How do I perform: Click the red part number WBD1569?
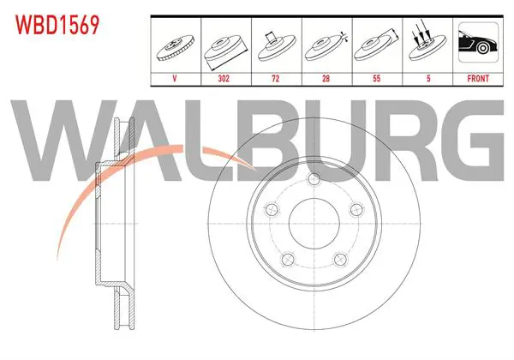point(57,25)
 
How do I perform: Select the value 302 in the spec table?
point(224,79)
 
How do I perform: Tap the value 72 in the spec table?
point(275,79)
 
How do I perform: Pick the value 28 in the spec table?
point(326,79)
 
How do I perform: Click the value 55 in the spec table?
point(377,79)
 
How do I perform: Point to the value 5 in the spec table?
point(428,79)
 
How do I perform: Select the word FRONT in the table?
point(478,79)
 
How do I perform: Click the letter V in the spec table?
point(175,79)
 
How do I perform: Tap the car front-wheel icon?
point(478,42)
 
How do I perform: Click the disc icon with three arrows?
point(427,41)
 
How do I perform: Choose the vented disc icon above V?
point(176,47)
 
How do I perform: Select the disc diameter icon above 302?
point(225,51)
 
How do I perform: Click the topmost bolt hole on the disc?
point(314,178)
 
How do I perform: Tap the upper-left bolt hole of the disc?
point(272,209)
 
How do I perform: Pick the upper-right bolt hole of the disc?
point(356,209)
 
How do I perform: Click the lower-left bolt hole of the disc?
point(288,260)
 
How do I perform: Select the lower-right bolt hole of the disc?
point(340,260)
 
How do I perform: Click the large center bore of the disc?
point(314,224)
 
